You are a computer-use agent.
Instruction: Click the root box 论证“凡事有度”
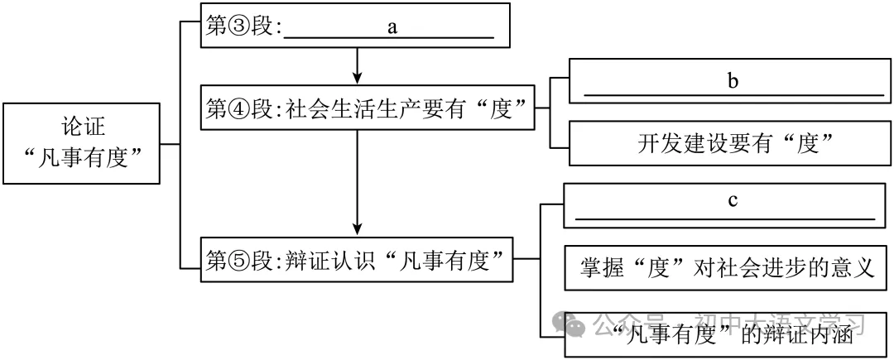pos(81,142)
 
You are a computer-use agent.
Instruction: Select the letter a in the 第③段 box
pos(392,26)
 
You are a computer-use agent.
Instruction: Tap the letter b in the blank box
pos(732,81)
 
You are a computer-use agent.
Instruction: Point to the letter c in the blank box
pos(732,202)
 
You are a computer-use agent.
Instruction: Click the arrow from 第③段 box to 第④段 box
pos(357,65)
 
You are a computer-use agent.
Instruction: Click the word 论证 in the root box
pos(81,127)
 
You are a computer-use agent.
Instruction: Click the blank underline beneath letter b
pos(733,94)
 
